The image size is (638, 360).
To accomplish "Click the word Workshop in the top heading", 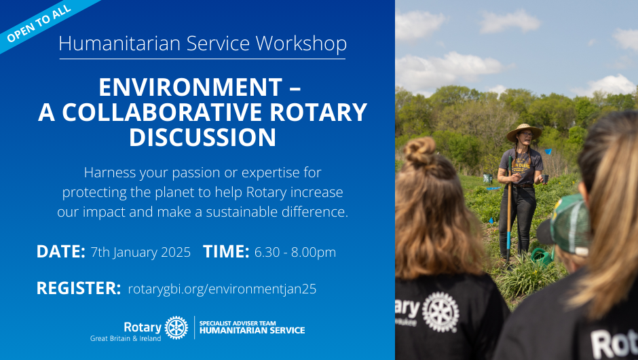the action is [301, 43].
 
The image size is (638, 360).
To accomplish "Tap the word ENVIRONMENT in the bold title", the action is [191, 87].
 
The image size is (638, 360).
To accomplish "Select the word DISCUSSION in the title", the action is [203, 137].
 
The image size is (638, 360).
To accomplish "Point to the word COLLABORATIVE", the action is [162, 112].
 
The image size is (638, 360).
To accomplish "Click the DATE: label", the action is [60, 252].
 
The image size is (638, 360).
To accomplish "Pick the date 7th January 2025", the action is [140, 253].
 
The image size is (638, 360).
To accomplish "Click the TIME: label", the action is [226, 252].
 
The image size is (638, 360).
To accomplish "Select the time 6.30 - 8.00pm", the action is [295, 253].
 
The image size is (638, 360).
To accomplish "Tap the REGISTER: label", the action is [79, 288].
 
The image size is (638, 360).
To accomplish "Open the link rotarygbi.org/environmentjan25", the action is [222, 289].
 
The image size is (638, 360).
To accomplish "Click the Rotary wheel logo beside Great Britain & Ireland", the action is [176, 328].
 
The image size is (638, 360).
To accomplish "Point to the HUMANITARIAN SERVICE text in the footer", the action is [252, 331].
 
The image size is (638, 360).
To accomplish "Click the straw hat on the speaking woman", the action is [524, 131].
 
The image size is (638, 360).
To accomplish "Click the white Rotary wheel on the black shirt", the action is [440, 312].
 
